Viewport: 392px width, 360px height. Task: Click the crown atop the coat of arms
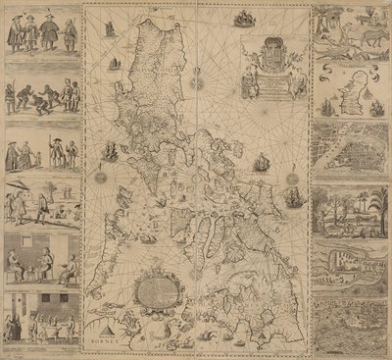point(269,40)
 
